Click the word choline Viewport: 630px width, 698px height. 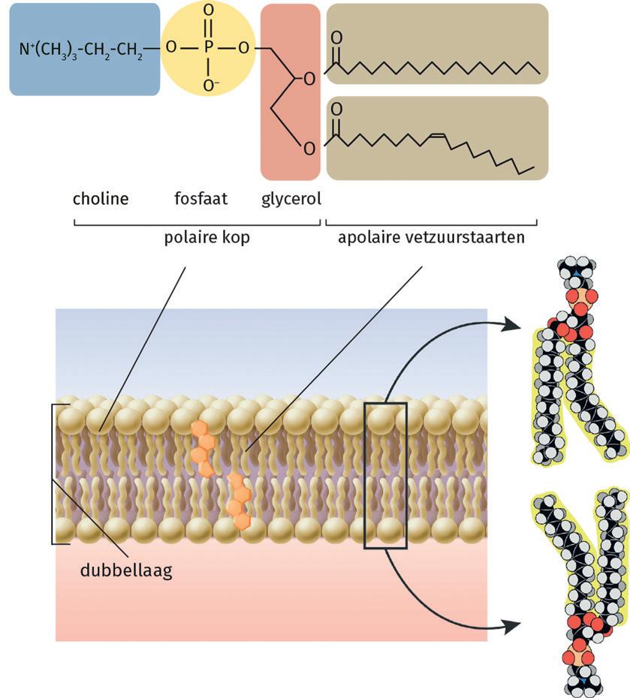[x=101, y=200]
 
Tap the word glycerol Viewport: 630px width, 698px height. [x=291, y=200]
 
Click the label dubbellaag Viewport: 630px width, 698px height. [x=125, y=570]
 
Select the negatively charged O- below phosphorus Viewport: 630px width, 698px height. [x=209, y=85]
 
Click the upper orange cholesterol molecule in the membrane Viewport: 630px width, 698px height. [x=200, y=449]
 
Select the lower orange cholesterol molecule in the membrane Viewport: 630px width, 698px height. [x=239, y=501]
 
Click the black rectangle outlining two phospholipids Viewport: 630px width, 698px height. [x=385, y=476]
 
